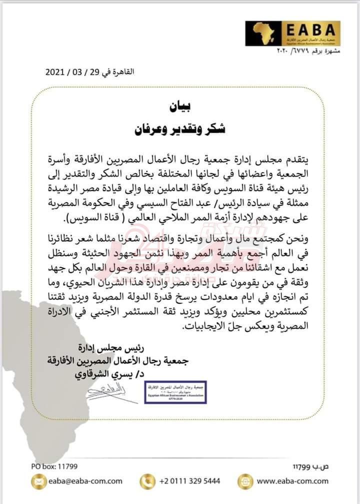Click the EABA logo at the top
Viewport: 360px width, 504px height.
coord(292,34)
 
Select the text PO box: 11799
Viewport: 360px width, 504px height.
coord(53,466)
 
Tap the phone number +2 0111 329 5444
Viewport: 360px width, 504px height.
coord(190,481)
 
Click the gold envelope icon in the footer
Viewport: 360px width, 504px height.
coord(37,481)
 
